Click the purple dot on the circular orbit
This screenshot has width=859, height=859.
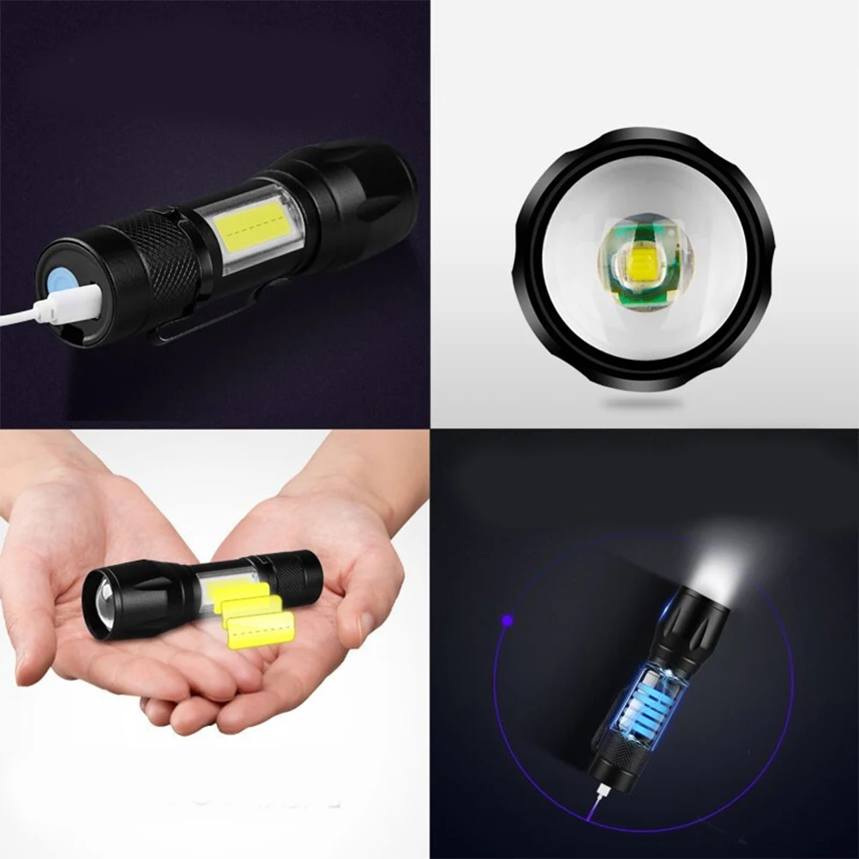click(508, 618)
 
